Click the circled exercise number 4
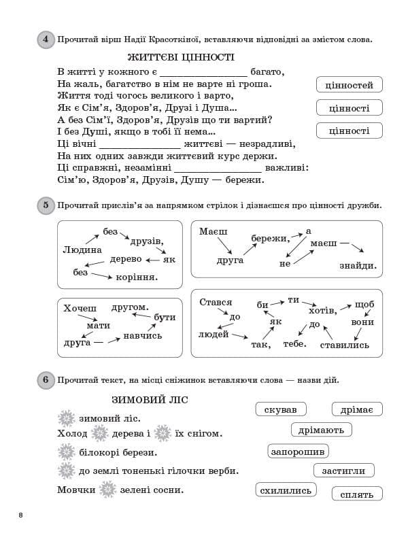pos(46,40)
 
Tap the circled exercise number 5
pos(46,205)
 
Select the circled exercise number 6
pos(46,380)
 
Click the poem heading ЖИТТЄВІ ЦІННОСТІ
pos(181,58)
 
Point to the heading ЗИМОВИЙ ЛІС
pos(149,400)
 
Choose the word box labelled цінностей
pos(350,85)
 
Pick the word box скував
pos(281,409)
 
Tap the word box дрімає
pos(357,409)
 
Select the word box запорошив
pos(299,452)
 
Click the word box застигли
pos(344,471)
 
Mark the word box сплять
pos(357,494)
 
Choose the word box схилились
pos(286,490)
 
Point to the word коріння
pos(137,277)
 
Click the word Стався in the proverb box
pos(216,302)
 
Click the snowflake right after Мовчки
pos(107,490)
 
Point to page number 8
pos(21,515)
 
